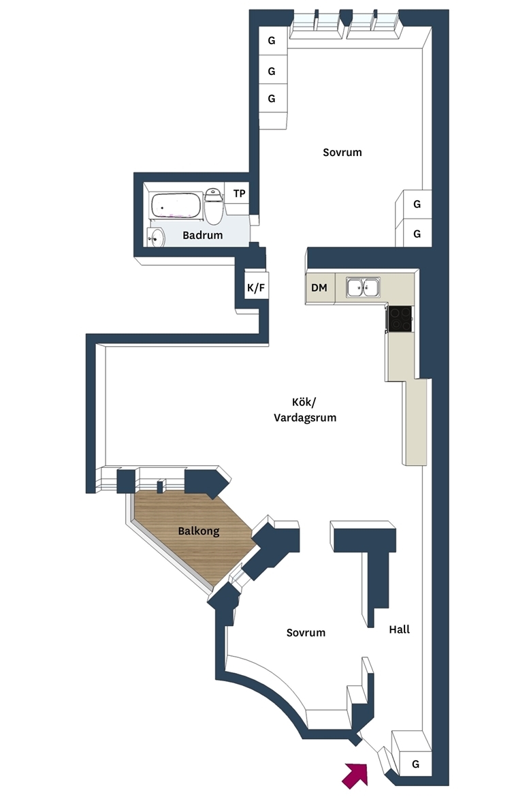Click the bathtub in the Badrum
click(x=176, y=207)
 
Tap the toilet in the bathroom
click(x=213, y=206)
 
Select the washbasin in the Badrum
click(x=156, y=237)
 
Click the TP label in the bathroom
click(x=240, y=193)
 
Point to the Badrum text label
click(x=203, y=235)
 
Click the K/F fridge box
click(x=256, y=287)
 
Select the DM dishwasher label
click(x=319, y=287)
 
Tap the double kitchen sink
click(x=364, y=287)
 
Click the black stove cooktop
click(x=400, y=319)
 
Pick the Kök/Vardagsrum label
click(x=305, y=409)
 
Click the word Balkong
click(x=199, y=531)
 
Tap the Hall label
click(x=400, y=629)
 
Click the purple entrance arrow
click(x=355, y=775)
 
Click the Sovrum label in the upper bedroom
click(x=342, y=152)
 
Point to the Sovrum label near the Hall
click(x=306, y=633)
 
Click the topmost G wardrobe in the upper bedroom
click(x=272, y=41)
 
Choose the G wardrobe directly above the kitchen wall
click(x=416, y=233)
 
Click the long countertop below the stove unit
click(x=415, y=422)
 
